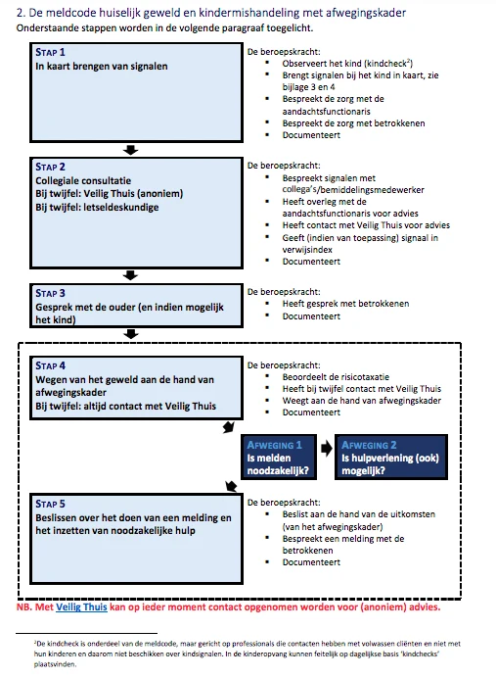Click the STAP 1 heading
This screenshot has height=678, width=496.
tap(50, 52)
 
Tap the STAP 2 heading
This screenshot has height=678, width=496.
tap(50, 167)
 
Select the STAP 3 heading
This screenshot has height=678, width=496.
tap(50, 293)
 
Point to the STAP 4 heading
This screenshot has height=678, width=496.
tap(50, 365)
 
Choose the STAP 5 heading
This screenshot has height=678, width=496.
tap(50, 505)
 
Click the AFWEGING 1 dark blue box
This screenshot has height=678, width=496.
tap(279, 458)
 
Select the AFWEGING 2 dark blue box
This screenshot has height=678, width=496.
tap(391, 458)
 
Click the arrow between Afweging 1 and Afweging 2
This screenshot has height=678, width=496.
tap(327, 449)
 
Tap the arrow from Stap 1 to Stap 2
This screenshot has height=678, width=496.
tap(130, 150)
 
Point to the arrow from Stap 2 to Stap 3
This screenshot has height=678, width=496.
tap(130, 275)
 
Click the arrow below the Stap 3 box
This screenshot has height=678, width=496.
tap(130, 334)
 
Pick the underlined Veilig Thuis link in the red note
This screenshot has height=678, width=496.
tap(81, 607)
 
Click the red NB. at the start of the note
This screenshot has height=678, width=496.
tap(24, 607)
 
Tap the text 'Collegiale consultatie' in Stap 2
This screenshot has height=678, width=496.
tap(83, 180)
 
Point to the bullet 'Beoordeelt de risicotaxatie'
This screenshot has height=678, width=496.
tap(336, 377)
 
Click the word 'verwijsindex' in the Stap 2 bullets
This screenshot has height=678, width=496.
tap(307, 250)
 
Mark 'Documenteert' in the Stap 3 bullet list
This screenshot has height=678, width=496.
tap(311, 316)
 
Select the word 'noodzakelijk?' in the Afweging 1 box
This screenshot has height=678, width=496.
tap(278, 470)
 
